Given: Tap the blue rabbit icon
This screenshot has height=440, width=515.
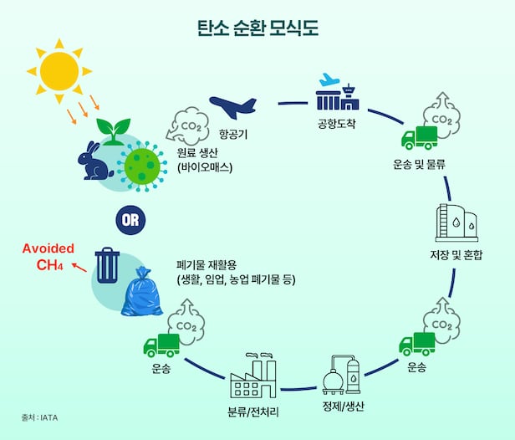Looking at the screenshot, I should [94, 159].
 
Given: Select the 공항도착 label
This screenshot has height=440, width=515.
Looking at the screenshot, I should [337, 125].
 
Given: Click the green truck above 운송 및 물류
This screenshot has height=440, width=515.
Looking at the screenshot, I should [419, 137].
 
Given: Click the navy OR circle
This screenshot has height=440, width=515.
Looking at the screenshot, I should [129, 220].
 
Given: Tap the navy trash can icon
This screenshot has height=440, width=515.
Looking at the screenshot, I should [108, 264].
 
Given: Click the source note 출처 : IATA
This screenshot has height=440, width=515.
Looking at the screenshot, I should [40, 416].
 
